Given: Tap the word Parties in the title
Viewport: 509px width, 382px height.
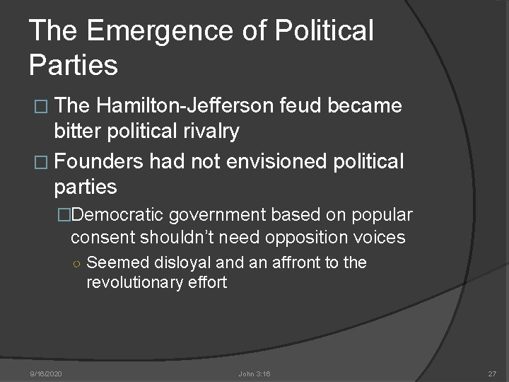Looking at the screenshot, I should (x=74, y=64).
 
